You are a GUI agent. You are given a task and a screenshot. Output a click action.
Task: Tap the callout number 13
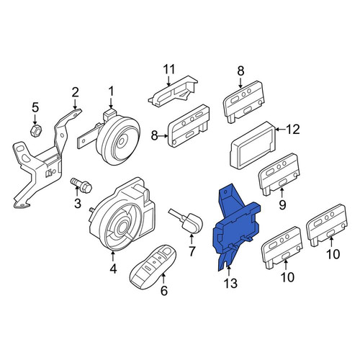pyautogui.click(x=230, y=283)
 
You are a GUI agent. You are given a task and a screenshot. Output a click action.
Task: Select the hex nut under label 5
pyautogui.click(x=36, y=130)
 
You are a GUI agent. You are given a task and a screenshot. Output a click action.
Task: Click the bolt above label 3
pyautogui.click(x=81, y=184)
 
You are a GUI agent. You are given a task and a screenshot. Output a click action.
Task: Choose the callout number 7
pyautogui.click(x=192, y=251)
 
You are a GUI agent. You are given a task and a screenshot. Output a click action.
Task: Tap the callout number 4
pyautogui.click(x=113, y=269)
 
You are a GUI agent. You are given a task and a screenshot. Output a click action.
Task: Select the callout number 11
pyautogui.click(x=169, y=69)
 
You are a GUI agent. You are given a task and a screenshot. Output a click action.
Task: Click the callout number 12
pyautogui.click(x=293, y=130)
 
